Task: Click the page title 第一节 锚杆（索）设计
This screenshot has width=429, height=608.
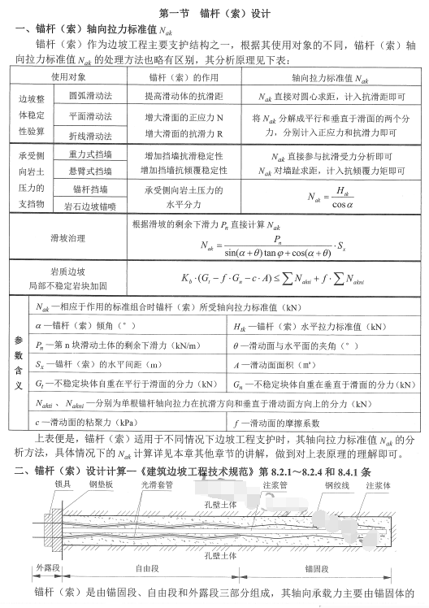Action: coord(214,14)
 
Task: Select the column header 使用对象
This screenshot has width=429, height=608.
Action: coord(68,77)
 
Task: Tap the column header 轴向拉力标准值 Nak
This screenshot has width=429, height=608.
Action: coord(323,77)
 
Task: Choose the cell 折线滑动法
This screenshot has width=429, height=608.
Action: coord(89,137)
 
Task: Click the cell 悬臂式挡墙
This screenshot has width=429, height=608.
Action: coord(89,171)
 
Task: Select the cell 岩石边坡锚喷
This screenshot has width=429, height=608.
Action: coord(89,206)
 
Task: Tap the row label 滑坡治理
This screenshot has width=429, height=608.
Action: coord(68,240)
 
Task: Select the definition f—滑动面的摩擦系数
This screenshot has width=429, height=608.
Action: coord(272,423)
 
